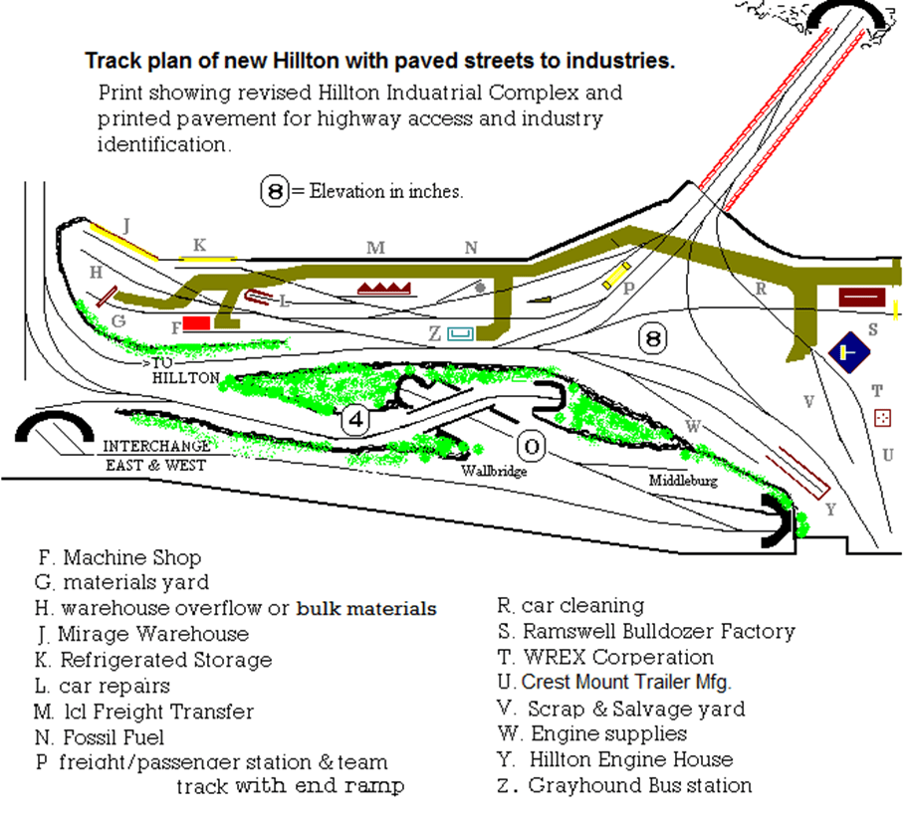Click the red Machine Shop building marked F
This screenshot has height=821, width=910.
point(196,323)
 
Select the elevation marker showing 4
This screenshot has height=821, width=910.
point(356,420)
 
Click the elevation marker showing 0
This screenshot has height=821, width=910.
point(532,448)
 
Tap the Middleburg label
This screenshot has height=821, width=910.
point(683,481)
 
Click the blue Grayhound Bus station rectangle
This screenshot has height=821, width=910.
point(460,334)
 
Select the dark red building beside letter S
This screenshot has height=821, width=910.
point(862,297)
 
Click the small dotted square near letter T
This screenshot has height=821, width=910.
point(881,418)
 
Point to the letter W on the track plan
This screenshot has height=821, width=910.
point(694,426)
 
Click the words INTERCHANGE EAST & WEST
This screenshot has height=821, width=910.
point(156,456)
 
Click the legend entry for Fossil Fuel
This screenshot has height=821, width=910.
point(101,738)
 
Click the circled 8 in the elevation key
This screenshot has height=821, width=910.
point(275,191)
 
